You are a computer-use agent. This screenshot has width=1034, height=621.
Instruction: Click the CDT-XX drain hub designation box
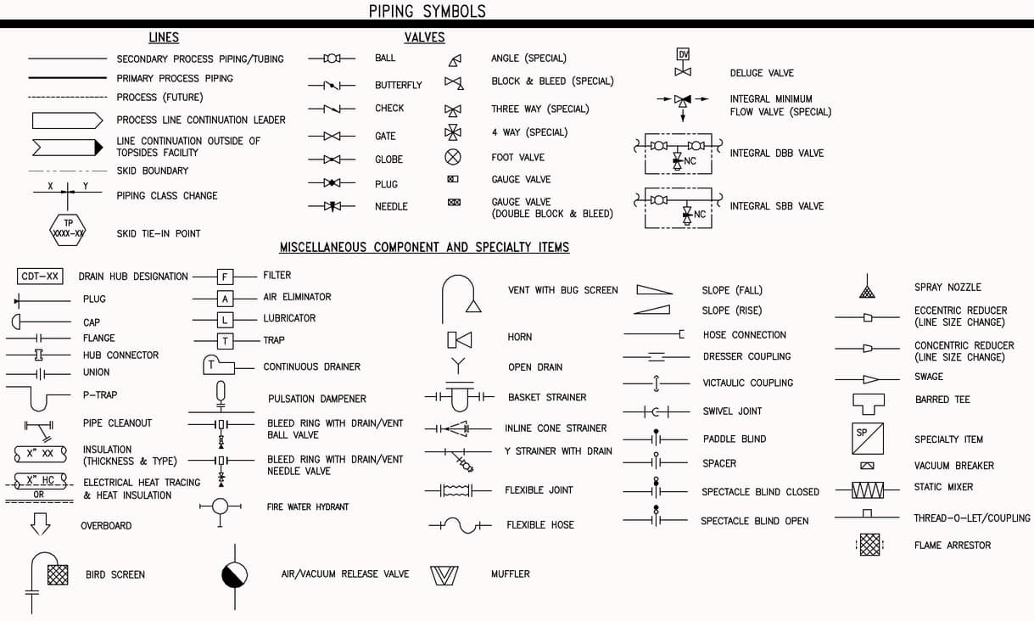40,276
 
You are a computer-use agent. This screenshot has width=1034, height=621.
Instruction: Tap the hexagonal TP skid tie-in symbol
67,229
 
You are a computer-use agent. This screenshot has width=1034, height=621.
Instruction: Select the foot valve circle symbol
453,157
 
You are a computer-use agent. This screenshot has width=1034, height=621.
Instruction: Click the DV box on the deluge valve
683,54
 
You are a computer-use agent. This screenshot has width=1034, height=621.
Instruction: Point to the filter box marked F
225,277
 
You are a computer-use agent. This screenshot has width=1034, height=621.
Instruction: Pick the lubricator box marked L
225,320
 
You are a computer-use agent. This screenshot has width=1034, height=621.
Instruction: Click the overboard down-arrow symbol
40,523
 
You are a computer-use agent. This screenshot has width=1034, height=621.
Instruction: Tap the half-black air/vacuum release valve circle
234,575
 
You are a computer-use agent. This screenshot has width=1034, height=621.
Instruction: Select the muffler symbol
444,575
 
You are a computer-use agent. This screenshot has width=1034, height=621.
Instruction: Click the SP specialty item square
868,438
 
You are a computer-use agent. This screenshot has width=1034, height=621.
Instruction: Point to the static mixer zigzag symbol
868,490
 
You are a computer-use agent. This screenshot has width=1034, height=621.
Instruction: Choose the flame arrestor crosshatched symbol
869,545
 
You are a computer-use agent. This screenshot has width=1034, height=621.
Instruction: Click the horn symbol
459,340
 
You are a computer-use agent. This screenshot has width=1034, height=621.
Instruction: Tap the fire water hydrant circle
221,506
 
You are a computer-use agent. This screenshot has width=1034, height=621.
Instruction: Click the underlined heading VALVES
424,37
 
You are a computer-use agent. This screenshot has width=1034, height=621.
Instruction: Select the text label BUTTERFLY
399,85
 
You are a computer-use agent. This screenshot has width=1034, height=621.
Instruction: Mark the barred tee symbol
869,404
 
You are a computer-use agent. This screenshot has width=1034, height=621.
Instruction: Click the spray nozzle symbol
867,286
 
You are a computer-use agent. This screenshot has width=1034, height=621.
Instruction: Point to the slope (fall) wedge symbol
655,289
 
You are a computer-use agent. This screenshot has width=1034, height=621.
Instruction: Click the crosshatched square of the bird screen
58,575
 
